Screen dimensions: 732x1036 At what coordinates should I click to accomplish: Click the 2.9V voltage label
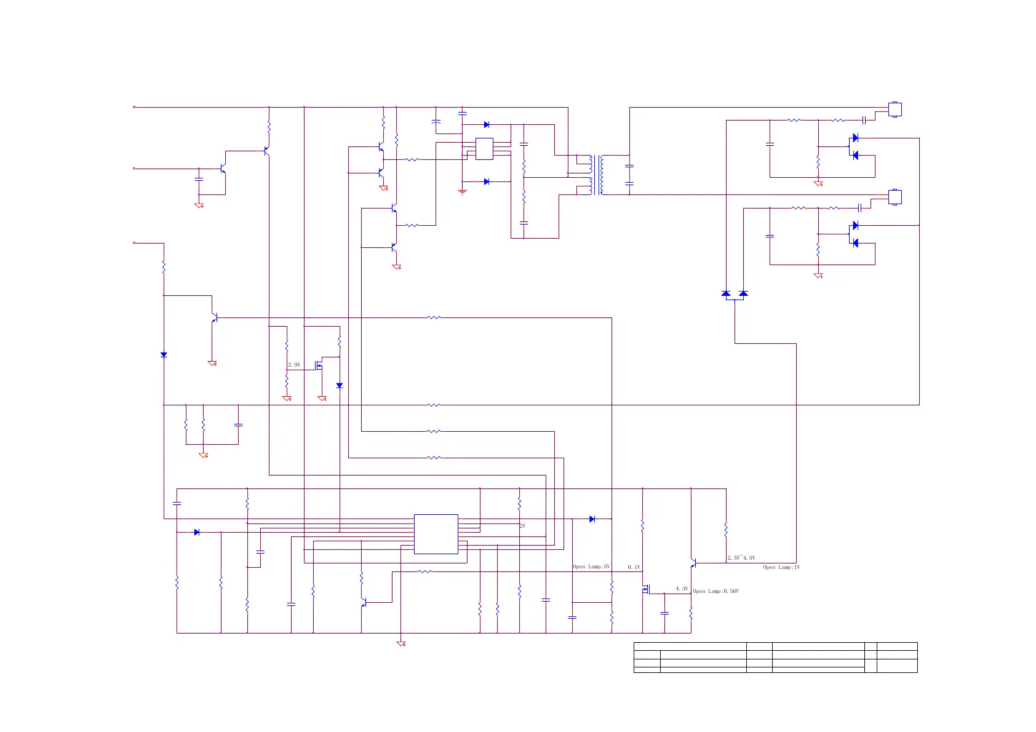click(294, 365)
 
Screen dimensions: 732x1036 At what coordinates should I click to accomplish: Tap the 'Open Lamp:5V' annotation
click(591, 567)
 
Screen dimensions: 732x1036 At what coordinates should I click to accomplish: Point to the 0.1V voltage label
click(634, 567)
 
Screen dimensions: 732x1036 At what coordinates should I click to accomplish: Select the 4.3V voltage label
click(682, 589)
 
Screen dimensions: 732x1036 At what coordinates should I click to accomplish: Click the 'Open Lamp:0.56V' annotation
click(715, 591)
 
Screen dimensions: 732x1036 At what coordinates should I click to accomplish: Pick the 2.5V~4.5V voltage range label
click(741, 558)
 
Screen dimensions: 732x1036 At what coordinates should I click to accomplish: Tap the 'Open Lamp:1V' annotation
click(781, 567)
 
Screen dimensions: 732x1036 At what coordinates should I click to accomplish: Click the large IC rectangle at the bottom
click(436, 534)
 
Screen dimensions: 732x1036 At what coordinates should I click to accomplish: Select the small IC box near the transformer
click(484, 149)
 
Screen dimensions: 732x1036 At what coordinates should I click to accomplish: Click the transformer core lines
click(596, 175)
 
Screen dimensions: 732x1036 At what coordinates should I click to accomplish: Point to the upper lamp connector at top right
click(895, 109)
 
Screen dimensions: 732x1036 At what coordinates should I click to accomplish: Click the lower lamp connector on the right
click(895, 197)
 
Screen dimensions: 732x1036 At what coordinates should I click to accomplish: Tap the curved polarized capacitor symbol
click(436, 122)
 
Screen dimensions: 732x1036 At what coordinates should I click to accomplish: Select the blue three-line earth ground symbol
click(463, 192)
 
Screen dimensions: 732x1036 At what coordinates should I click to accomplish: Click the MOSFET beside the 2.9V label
click(319, 365)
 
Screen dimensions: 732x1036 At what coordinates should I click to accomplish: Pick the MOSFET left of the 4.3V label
click(646, 589)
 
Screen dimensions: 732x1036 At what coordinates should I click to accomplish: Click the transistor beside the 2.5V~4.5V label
click(693, 563)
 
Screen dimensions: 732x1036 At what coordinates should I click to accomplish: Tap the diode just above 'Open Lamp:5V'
click(592, 519)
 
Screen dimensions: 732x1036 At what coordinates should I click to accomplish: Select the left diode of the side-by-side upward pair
click(726, 293)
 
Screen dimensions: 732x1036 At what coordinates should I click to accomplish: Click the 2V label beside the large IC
click(522, 526)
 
